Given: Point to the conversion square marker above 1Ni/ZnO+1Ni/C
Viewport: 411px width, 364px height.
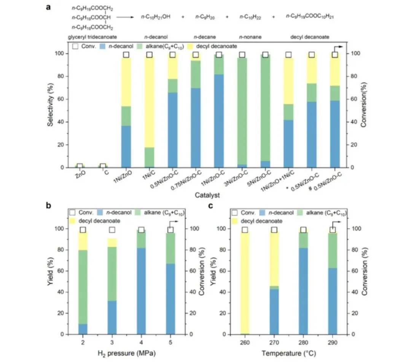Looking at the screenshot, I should [x=288, y=55].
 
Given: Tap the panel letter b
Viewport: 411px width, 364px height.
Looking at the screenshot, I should [x=49, y=206].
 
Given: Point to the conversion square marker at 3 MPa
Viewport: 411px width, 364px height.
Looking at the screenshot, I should [x=112, y=230].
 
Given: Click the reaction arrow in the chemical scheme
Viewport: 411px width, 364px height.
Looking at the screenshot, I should [x=127, y=17].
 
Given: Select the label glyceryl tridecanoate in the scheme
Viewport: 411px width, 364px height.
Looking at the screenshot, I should [x=92, y=37].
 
